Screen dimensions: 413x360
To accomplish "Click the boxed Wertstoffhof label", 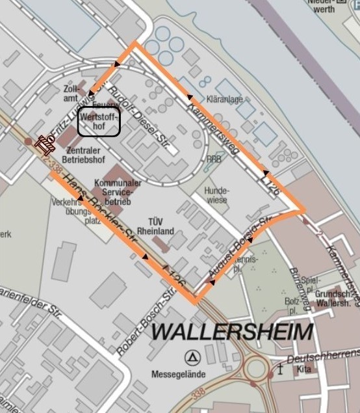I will click(x=99, y=122).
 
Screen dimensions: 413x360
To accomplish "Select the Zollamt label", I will click(x=71, y=93).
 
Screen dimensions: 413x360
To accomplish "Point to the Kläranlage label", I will click(x=224, y=100).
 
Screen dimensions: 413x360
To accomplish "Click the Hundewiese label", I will click(x=216, y=195).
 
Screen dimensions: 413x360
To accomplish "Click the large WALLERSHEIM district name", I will click(x=231, y=332).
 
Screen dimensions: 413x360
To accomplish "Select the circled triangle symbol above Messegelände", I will click(x=192, y=356).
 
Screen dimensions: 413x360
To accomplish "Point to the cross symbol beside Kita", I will click(x=280, y=369).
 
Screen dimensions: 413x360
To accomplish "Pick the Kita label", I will click(x=303, y=369).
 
